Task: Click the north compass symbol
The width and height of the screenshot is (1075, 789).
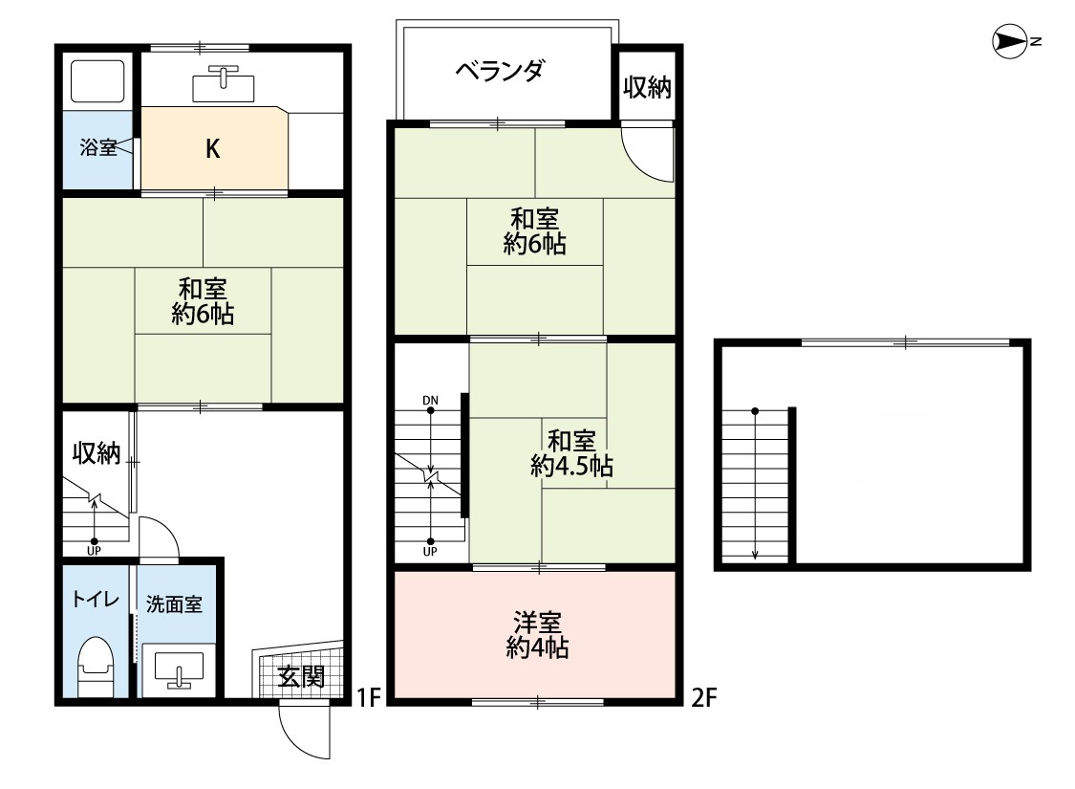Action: click(1010, 42)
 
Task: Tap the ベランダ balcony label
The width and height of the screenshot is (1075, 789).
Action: click(500, 70)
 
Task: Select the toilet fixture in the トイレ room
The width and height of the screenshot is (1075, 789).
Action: click(96, 667)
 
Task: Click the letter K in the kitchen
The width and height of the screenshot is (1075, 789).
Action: click(212, 149)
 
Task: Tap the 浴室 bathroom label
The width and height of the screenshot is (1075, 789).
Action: click(98, 147)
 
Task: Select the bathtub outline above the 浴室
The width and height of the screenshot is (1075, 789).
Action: click(97, 82)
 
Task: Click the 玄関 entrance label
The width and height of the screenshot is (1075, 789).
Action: click(301, 677)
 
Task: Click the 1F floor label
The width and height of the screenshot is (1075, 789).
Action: click(369, 698)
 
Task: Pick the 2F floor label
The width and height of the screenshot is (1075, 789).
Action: click(704, 698)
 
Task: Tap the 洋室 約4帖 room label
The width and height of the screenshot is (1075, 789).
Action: click(537, 635)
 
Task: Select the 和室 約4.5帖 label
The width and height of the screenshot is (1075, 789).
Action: click(571, 453)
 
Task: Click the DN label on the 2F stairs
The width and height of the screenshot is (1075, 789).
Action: click(430, 401)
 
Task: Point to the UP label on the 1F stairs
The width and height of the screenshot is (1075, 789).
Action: click(94, 551)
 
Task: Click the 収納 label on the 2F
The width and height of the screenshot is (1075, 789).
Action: click(647, 87)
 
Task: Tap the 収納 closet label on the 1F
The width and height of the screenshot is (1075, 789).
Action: click(97, 452)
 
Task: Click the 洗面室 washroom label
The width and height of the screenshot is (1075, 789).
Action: click(174, 604)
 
